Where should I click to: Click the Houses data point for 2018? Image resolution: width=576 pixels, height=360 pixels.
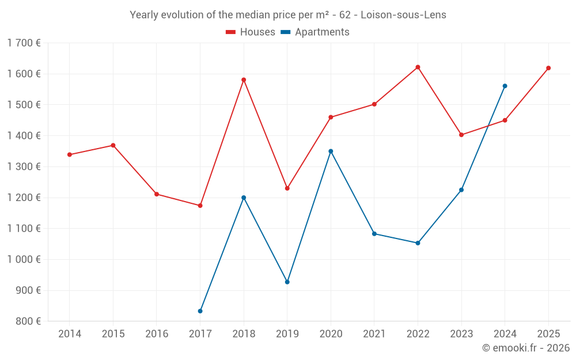[x=244, y=80]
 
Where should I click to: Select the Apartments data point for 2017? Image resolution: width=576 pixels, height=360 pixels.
[x=200, y=311]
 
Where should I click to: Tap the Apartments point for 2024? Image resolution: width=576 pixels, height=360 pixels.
[x=505, y=86]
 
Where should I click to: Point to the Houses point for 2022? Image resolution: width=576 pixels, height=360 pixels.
[x=418, y=67]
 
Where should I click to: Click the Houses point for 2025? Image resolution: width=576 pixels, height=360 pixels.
[x=548, y=68]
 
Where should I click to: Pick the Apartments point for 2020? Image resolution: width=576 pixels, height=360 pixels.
[x=331, y=151]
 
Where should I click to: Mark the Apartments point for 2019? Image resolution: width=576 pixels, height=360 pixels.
[x=287, y=282]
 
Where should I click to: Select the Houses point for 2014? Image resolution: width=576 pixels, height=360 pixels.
[x=70, y=154]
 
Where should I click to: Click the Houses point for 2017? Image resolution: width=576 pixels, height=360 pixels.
[x=200, y=206]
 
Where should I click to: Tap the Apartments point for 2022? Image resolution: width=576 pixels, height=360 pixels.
[x=418, y=243]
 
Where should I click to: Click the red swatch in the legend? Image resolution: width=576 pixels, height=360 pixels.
[x=231, y=32]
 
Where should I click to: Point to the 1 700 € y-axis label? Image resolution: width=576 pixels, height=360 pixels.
[x=24, y=43]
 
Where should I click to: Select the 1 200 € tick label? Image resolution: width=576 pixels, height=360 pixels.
[x=24, y=198]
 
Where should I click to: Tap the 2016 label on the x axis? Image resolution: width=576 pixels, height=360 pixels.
[x=157, y=334]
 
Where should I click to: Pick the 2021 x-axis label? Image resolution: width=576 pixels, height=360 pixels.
[x=374, y=334]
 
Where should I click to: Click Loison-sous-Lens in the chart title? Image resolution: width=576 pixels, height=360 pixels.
[x=403, y=14]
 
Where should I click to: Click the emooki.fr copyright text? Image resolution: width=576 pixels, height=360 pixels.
[x=525, y=348]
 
